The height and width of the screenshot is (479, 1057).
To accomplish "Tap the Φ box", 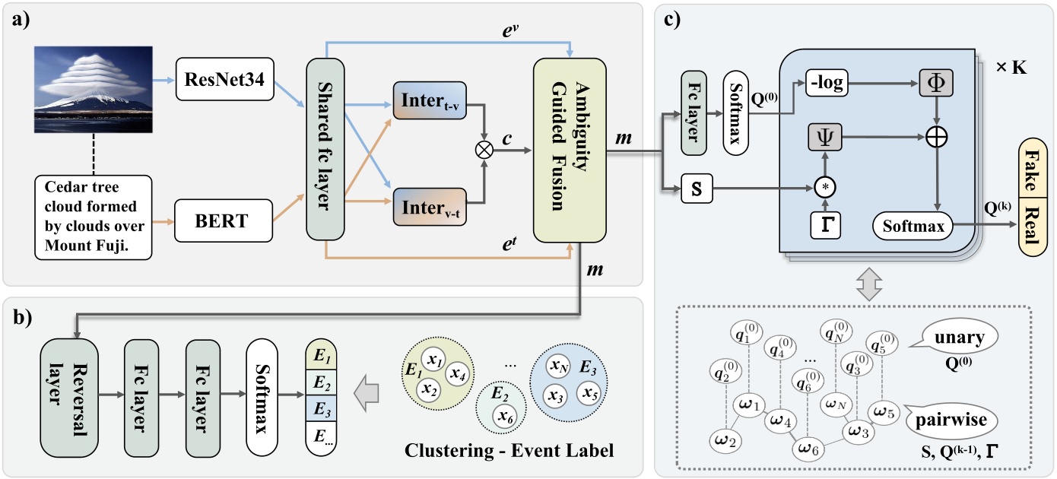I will tap(937, 81).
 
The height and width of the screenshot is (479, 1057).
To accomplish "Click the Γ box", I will tap(826, 223).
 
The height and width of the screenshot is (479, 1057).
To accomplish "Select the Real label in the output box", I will tap(1032, 223).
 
